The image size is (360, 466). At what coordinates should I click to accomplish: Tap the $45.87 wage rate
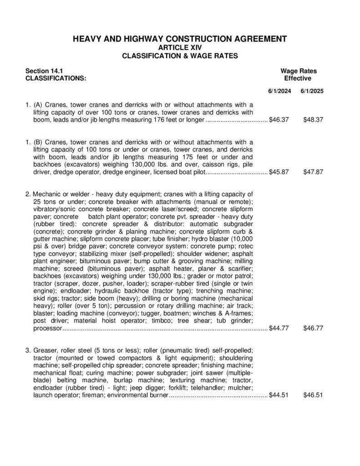[x=279, y=172]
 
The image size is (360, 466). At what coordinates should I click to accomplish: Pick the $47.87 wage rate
[x=313, y=172]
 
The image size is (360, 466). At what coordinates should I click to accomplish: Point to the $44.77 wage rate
[x=279, y=328]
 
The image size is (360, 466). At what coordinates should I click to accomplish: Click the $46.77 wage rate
[x=313, y=328]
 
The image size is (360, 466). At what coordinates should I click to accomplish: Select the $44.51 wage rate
[x=279, y=395]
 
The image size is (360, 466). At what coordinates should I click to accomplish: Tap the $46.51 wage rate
[x=313, y=395]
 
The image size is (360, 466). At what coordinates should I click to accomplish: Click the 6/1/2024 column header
[x=279, y=91]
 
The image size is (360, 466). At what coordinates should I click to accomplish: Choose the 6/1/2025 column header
[x=312, y=91]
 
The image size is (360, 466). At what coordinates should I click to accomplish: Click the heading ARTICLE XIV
[x=180, y=47]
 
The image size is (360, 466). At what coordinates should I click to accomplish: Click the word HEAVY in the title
[x=88, y=39]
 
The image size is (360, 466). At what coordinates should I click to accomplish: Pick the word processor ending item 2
[x=47, y=328]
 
